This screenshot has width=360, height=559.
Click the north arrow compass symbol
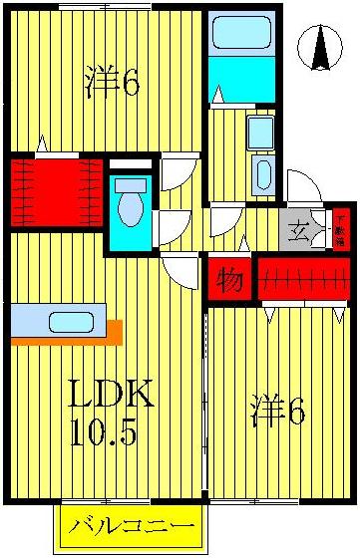click(321, 48)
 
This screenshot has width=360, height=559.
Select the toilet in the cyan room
click(131, 206)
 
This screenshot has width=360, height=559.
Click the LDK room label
click(110, 396)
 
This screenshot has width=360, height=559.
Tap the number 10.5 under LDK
click(105, 433)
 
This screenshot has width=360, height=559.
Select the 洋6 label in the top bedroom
click(112, 83)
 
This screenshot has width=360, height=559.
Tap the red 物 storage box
click(229, 280)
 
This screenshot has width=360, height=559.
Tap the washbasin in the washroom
click(262, 174)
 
